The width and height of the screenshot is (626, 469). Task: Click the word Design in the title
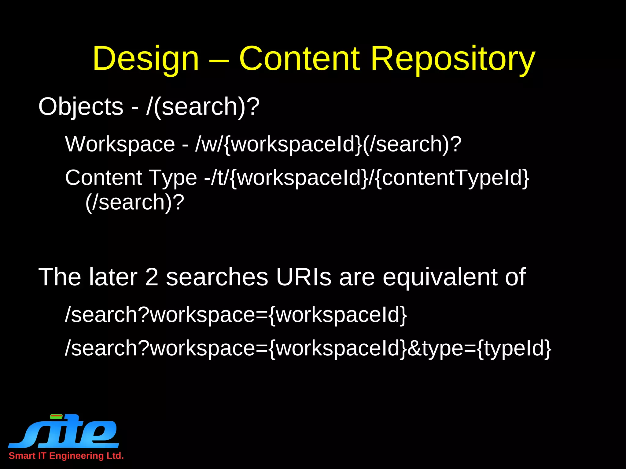point(146,59)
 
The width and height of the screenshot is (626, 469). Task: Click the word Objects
point(81,107)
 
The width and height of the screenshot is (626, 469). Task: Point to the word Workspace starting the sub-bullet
point(120,144)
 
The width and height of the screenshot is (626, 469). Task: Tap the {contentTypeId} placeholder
point(451,178)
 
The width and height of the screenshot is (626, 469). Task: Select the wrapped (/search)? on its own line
point(135,202)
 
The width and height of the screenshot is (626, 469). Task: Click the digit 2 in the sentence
point(152,277)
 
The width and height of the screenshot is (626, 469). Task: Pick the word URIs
point(304,277)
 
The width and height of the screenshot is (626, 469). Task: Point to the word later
point(113,277)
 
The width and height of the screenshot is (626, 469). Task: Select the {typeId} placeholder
point(514,348)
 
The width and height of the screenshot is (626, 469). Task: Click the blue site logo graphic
point(64,431)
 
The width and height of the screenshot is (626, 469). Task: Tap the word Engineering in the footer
point(76,456)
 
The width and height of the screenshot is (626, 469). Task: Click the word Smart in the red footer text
point(22,456)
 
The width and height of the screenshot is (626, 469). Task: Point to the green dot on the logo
point(56,416)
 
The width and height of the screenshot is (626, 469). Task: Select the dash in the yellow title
point(219,60)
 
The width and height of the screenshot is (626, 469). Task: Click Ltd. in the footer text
point(115,456)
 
